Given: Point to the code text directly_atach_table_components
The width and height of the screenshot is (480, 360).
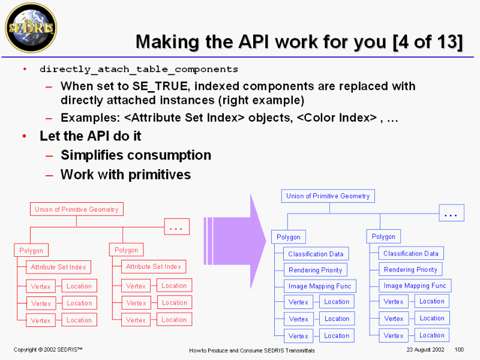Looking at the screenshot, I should click(x=139, y=69).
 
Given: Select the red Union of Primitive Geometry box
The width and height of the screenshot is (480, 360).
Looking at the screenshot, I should click(x=76, y=209).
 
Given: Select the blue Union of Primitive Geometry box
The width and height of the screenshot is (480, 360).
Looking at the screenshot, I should click(x=328, y=196).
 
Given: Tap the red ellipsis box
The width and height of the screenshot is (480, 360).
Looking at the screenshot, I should click(x=176, y=226).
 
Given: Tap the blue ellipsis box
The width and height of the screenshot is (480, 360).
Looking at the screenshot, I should click(x=451, y=213).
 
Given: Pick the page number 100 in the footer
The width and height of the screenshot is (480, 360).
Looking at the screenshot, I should click(x=460, y=349).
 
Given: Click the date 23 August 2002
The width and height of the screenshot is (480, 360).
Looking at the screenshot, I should click(x=425, y=349).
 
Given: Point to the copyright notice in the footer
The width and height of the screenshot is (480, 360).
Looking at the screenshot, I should click(x=48, y=349).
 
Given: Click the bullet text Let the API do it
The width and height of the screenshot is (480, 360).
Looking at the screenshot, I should click(x=91, y=136).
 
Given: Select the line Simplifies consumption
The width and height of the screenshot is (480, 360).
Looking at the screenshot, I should click(x=136, y=155).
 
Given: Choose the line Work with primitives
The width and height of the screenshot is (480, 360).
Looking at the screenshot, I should click(x=125, y=175).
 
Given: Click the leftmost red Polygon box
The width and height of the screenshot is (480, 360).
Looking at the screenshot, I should click(x=31, y=250).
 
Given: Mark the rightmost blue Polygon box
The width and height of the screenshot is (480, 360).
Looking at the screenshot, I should click(x=383, y=236).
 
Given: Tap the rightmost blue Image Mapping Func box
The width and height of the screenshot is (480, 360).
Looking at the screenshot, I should click(x=415, y=286).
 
